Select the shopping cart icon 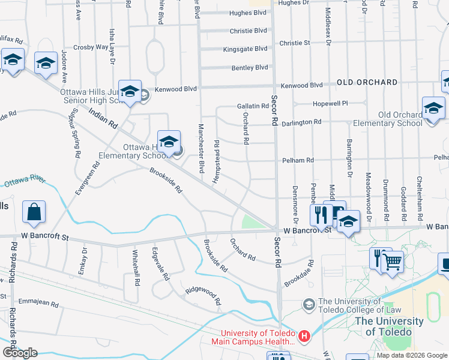click(392, 262)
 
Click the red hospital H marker click(304, 335)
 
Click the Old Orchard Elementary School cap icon click(433, 110)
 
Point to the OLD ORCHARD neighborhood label click(367, 82)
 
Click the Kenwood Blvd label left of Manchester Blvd click(176, 89)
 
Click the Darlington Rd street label click(301, 122)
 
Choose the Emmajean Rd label click(38, 304)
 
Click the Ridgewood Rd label click(203, 295)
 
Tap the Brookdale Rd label click(299, 274)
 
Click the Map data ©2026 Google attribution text click(412, 355)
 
